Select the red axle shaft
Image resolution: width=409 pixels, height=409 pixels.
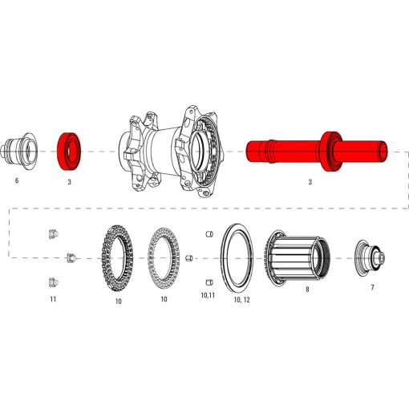(281, 151)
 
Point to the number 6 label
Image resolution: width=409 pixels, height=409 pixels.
(16, 182)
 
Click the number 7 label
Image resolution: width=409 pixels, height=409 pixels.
(372, 287)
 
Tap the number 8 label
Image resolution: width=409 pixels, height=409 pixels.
(306, 290)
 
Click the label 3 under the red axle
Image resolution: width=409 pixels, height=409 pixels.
(310, 183)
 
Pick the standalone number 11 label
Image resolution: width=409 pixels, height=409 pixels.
(53, 299)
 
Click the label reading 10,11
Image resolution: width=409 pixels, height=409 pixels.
(207, 296)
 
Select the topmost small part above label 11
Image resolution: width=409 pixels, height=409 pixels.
(53, 234)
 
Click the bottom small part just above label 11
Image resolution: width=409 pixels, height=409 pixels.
(53, 281)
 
